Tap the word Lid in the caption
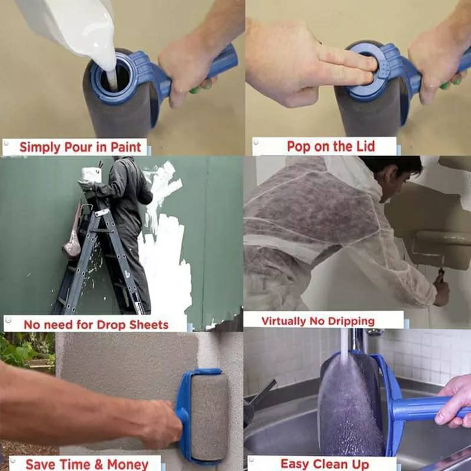[363, 146]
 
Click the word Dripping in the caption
[347, 321]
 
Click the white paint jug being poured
[71, 24]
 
